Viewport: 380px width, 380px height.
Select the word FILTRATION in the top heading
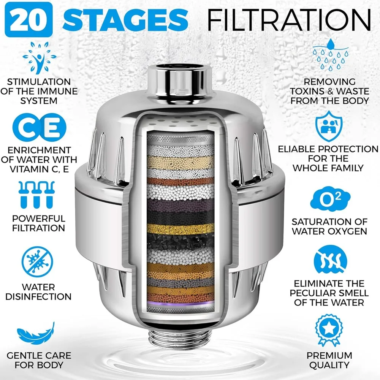(288, 19)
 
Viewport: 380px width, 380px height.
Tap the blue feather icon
(36, 334)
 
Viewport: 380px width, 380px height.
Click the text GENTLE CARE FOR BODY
(39, 360)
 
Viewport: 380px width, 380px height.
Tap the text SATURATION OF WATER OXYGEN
(329, 226)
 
